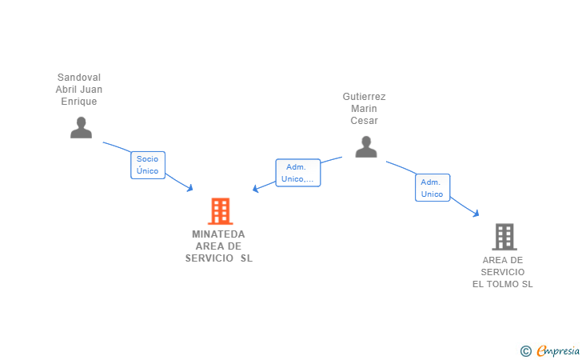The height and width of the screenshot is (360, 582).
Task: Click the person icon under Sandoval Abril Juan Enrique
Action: pos(81,127)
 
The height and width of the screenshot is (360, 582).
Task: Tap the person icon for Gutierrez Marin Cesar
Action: pos(365,146)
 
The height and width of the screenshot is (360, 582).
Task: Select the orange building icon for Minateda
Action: pos(220,211)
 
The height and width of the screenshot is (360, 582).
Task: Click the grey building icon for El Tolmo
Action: pos(504,237)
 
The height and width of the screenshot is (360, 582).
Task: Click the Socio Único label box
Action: pos(148,165)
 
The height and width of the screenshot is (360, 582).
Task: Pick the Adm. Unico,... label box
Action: pos(298,173)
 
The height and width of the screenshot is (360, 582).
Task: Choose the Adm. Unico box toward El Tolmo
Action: pos(433,188)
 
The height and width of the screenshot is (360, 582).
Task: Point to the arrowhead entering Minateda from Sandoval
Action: pos(190,188)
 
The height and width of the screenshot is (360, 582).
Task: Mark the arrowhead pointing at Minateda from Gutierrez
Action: pos(256,189)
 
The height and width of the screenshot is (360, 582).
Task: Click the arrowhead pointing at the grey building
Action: pos(476,214)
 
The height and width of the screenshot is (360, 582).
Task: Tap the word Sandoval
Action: pos(79,78)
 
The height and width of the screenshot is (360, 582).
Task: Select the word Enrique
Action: pos(79,102)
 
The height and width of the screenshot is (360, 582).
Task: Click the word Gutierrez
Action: pos(364,97)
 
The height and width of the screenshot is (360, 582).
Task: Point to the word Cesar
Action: pos(364,121)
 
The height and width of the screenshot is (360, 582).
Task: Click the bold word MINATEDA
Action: pos(218,234)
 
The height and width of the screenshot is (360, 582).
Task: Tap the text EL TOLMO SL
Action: pos(502,284)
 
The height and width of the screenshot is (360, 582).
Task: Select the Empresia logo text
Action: pos(558,350)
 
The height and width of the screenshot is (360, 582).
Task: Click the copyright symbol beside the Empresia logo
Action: pos(525,350)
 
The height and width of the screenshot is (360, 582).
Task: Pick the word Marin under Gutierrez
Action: pos(364,109)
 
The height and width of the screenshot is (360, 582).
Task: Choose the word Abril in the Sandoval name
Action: pos(67,90)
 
